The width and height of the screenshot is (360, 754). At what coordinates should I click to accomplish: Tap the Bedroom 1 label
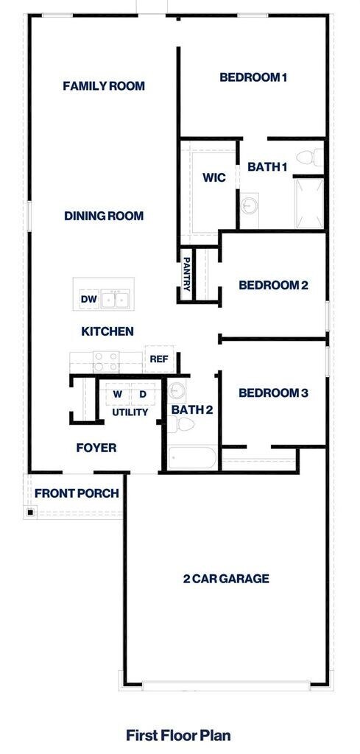click(253, 77)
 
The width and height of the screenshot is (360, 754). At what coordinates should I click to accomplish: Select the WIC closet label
click(213, 177)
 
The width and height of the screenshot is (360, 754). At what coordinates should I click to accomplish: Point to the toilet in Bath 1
click(311, 157)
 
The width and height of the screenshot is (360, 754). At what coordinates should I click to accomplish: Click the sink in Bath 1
click(250, 203)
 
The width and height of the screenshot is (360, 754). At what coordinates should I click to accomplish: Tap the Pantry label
click(187, 274)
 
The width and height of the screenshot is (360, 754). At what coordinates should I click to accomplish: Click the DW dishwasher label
click(88, 299)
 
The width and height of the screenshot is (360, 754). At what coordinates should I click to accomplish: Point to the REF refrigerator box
click(159, 359)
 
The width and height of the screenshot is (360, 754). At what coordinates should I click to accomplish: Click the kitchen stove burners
click(105, 360)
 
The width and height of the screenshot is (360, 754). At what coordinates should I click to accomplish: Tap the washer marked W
click(117, 394)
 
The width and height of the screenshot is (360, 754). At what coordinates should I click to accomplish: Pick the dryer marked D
click(143, 394)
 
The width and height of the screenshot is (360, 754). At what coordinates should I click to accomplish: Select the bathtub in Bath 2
click(191, 457)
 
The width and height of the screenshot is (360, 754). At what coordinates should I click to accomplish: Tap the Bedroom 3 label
click(273, 393)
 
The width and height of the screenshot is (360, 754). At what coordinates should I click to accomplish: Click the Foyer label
click(96, 447)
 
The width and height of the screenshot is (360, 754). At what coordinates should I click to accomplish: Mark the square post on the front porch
click(30, 512)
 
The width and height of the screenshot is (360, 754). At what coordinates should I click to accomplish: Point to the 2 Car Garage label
click(226, 579)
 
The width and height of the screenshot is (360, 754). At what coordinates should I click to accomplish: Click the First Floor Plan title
click(179, 734)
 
